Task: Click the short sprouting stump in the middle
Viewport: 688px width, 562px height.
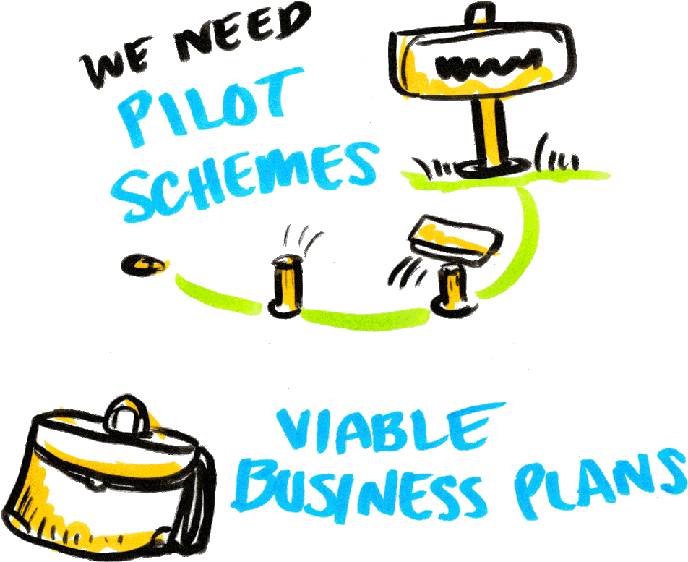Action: pos(288,286)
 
